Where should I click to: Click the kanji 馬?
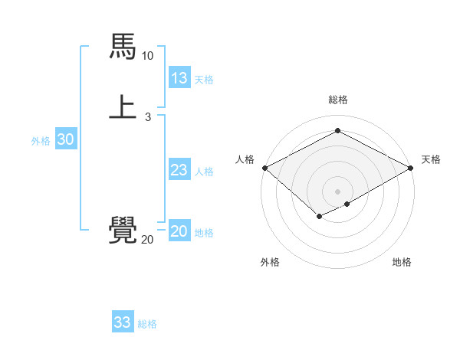click(123, 47)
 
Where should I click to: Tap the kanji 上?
click(123, 107)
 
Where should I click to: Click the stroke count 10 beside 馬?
click(147, 56)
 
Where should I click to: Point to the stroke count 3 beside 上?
click(147, 117)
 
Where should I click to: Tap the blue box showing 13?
click(179, 78)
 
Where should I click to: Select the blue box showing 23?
click(179, 171)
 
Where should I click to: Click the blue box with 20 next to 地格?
click(179, 232)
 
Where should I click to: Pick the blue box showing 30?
click(66, 139)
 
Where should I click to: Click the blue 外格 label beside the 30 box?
click(41, 140)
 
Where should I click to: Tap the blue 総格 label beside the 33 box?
click(147, 324)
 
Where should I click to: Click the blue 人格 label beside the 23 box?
click(205, 172)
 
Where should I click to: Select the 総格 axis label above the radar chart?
click(338, 100)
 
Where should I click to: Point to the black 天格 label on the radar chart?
click(432, 159)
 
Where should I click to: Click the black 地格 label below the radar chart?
click(402, 262)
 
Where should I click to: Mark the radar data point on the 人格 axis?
click(264, 168)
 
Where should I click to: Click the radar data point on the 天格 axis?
click(411, 168)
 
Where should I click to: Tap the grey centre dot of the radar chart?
click(338, 191)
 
